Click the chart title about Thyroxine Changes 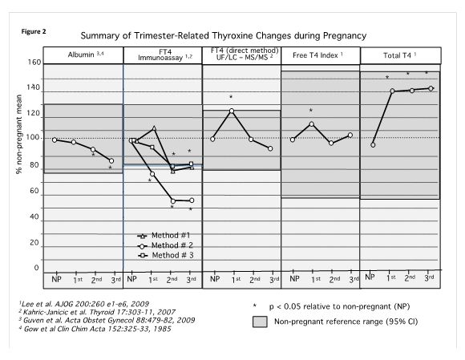[x=224, y=35]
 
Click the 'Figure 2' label [x=34, y=31]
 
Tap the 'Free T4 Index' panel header [x=317, y=55]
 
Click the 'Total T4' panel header [x=399, y=55]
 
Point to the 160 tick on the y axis [x=34, y=63]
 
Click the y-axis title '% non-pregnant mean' [x=19, y=134]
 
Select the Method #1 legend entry [x=164, y=236]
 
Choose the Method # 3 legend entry [x=165, y=255]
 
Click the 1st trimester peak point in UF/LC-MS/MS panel [x=232, y=111]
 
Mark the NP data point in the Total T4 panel [x=373, y=145]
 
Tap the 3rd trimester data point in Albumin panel [x=111, y=160]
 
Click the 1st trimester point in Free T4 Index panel [x=311, y=124]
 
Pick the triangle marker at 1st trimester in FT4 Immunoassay [x=154, y=128]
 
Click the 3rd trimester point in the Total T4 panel [x=431, y=88]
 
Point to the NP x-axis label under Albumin [x=56, y=279]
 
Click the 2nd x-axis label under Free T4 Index [x=334, y=279]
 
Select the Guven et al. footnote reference [x=107, y=320]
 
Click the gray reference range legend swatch [x=260, y=322]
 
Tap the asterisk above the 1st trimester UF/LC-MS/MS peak [x=231, y=97]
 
